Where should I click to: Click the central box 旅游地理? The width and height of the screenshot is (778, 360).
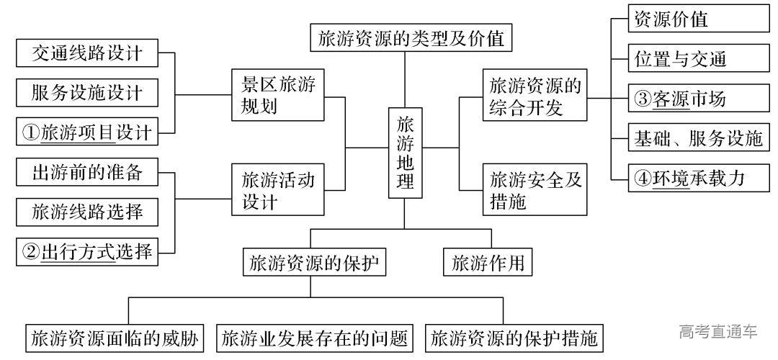pos(406,153)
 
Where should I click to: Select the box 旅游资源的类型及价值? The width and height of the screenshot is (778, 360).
pos(411,37)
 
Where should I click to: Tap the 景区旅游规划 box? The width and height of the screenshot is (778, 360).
pos(277,95)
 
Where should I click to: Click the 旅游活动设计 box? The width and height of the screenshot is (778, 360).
pos(277,189)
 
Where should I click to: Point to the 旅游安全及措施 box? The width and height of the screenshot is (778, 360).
pos(534,189)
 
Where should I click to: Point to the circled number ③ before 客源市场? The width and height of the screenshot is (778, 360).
pos(643,99)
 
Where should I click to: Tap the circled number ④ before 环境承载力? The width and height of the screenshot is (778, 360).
pos(643,178)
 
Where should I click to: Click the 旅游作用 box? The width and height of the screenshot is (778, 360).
pos(488,263)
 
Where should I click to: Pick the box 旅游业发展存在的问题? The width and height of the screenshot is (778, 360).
pos(315,337)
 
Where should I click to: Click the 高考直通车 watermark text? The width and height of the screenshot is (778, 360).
pos(717,331)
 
